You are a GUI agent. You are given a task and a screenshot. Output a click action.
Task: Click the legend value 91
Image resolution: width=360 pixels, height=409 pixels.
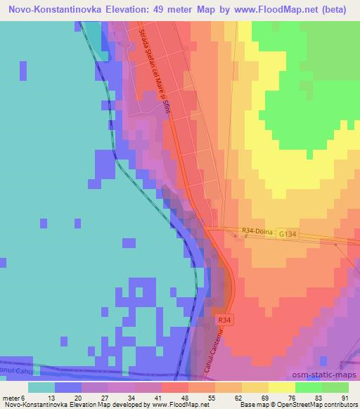(x=345, y=397)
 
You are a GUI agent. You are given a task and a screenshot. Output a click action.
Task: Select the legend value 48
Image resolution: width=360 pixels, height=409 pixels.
(x=184, y=397)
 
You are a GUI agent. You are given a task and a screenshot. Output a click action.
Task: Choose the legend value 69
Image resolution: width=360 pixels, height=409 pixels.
(x=264, y=397)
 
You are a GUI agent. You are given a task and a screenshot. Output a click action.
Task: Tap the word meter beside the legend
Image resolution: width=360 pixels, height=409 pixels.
(x=11, y=397)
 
